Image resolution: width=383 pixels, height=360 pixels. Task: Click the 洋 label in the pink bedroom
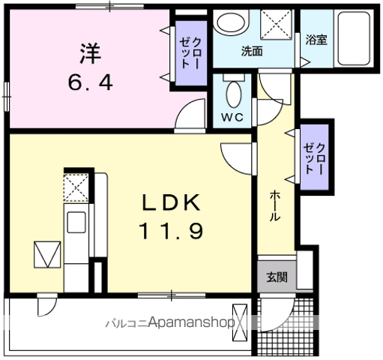pyautogui.click(x=91, y=53)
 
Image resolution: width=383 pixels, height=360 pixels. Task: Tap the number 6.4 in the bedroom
pyautogui.click(x=91, y=82)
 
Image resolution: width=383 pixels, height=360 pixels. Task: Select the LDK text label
pyautogui.click(x=171, y=202)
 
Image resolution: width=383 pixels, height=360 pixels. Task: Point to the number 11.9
pyautogui.click(x=172, y=231)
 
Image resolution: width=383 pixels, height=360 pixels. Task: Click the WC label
pyautogui.click(x=232, y=117)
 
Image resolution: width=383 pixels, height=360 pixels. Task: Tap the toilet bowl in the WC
pyautogui.click(x=234, y=94)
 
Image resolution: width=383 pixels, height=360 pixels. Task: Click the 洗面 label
pyautogui.click(x=252, y=51)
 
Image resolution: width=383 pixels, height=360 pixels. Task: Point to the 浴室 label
pyautogui.click(x=316, y=40)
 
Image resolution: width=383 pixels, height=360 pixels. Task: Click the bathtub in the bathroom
pyautogui.click(x=354, y=39)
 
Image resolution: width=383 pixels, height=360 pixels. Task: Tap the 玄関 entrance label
pyautogui.click(x=277, y=277)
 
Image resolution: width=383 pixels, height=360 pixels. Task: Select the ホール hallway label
pyautogui.click(x=275, y=206)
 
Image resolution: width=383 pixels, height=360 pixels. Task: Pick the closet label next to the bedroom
pyautogui.click(x=191, y=52)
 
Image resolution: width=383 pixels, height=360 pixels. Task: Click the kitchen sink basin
pyautogui.click(x=76, y=222)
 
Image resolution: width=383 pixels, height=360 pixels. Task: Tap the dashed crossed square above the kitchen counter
pyautogui.click(x=76, y=187)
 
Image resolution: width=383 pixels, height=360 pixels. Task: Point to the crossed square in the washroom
pyautogui.click(x=276, y=24)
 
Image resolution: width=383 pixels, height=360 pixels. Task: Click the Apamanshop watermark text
pyautogui.click(x=192, y=322)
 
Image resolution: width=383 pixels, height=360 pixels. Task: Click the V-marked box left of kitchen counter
pyautogui.click(x=47, y=254)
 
